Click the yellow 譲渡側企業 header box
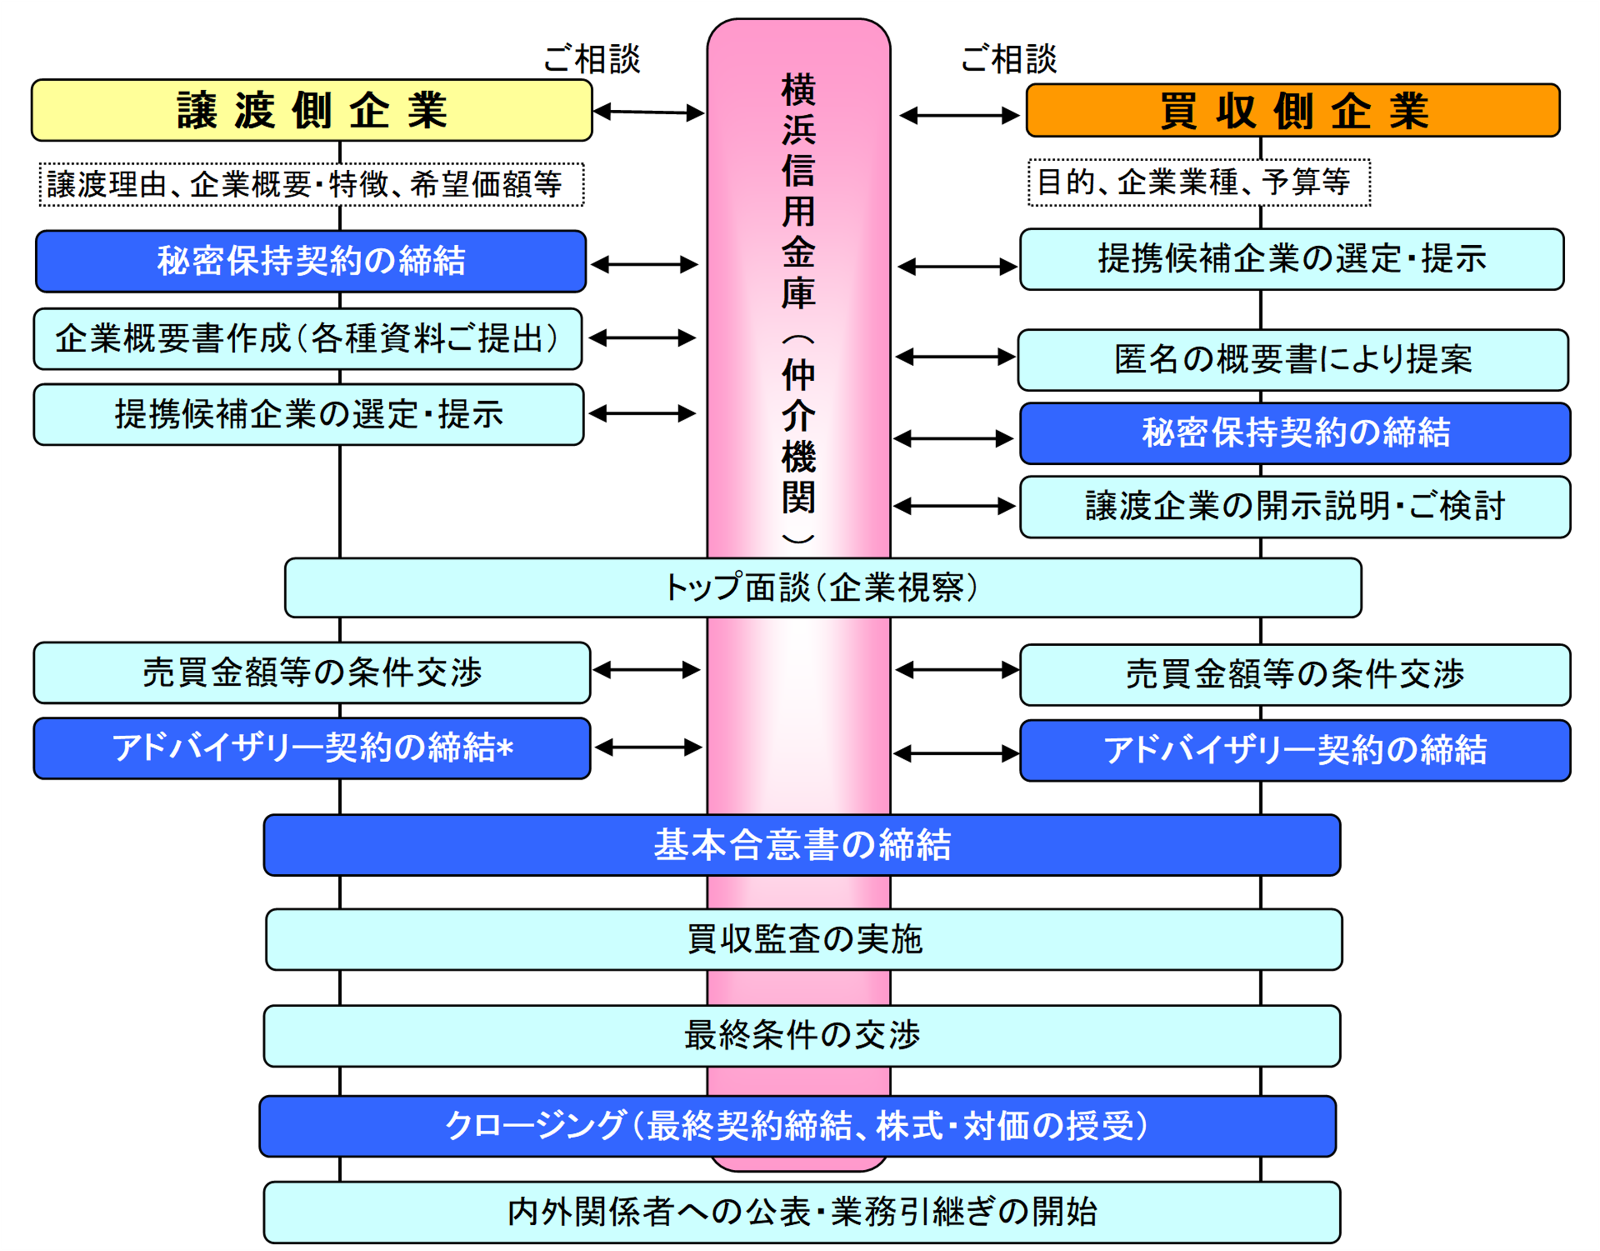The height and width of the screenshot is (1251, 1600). click(311, 110)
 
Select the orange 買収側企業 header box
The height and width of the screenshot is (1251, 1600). click(1293, 110)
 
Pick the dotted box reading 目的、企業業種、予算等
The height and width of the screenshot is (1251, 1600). click(1199, 182)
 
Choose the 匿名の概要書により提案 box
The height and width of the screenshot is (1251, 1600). click(1293, 359)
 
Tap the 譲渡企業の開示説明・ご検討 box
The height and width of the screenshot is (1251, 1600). click(1295, 507)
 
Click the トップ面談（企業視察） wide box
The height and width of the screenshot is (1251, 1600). click(823, 588)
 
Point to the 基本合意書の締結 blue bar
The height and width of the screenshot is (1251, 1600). click(802, 845)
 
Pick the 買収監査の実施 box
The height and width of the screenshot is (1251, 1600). click(804, 940)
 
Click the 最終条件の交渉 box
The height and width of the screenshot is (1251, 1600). click(802, 1036)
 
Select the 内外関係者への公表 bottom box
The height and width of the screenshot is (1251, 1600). click(802, 1212)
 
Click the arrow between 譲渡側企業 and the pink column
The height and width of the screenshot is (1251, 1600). click(649, 112)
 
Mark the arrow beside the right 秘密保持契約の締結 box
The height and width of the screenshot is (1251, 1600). click(954, 439)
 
